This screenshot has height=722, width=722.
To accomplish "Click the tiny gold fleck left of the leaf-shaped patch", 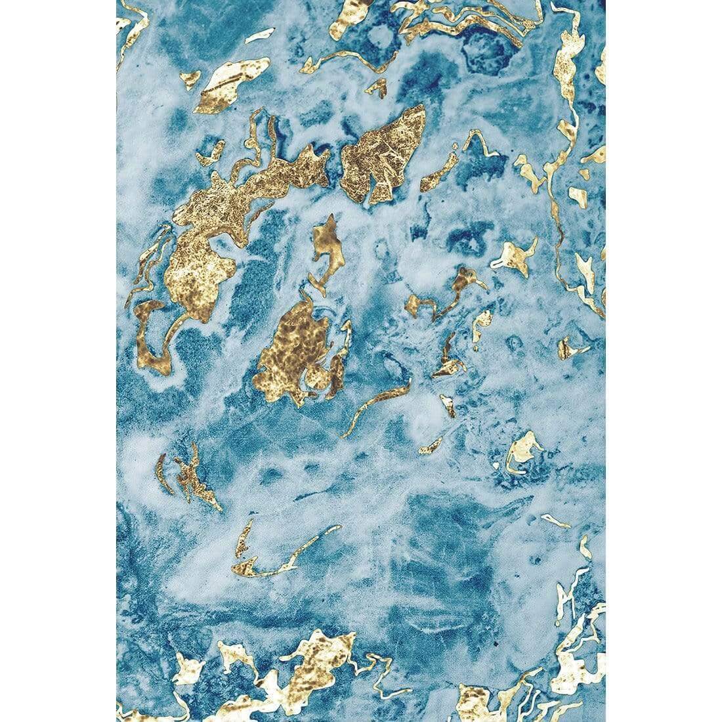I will point(190,79).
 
